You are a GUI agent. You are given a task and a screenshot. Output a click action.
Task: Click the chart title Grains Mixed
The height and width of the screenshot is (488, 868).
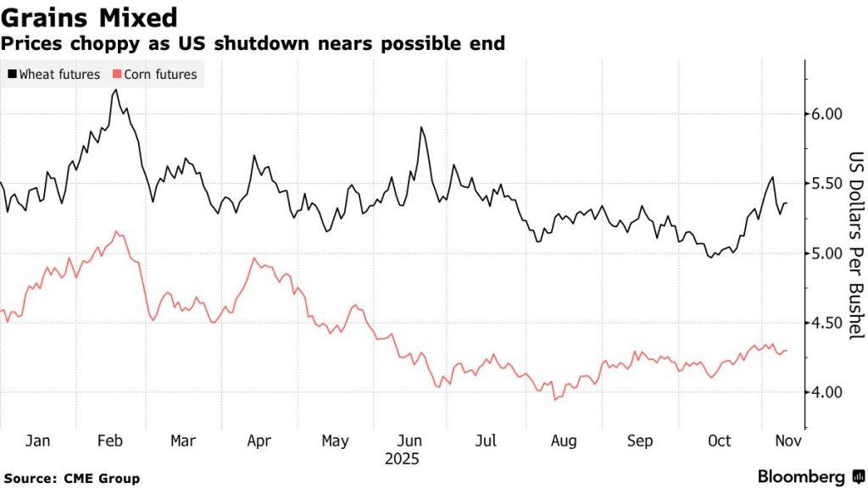(89, 17)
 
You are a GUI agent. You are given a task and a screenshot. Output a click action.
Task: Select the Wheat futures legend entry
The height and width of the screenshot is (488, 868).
(54, 75)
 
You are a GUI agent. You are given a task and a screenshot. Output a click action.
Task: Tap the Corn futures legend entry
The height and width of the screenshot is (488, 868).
(155, 75)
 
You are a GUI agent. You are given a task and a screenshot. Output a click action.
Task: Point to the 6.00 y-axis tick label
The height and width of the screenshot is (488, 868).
(822, 114)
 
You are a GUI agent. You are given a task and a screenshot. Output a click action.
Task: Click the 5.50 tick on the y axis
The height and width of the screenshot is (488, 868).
(822, 184)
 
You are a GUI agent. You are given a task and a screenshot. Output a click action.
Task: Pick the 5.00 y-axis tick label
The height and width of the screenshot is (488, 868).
(822, 253)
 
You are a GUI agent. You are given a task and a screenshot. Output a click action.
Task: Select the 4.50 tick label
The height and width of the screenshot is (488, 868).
(822, 323)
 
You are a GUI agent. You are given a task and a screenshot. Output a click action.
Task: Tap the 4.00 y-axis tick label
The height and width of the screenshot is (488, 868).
(822, 392)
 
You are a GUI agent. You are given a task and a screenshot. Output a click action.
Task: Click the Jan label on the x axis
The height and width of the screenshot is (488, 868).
(37, 441)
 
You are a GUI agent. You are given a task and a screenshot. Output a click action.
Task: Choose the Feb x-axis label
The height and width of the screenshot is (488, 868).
(110, 441)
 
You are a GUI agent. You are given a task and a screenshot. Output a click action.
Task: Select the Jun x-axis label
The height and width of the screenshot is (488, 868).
(410, 441)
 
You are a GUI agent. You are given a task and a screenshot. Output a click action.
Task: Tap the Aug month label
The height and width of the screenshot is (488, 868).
(563, 441)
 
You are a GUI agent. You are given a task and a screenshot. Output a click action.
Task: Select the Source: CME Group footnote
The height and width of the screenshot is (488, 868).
(71, 479)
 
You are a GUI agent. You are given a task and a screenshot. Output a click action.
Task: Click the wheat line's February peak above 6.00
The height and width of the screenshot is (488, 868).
(114, 89)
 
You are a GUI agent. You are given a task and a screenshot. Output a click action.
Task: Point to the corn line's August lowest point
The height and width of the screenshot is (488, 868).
(555, 399)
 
